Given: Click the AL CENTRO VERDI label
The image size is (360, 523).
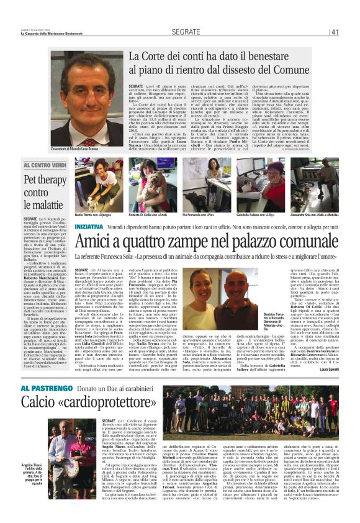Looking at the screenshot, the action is point(46,165).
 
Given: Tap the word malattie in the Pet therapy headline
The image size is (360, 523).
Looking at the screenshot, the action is point(44,205).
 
